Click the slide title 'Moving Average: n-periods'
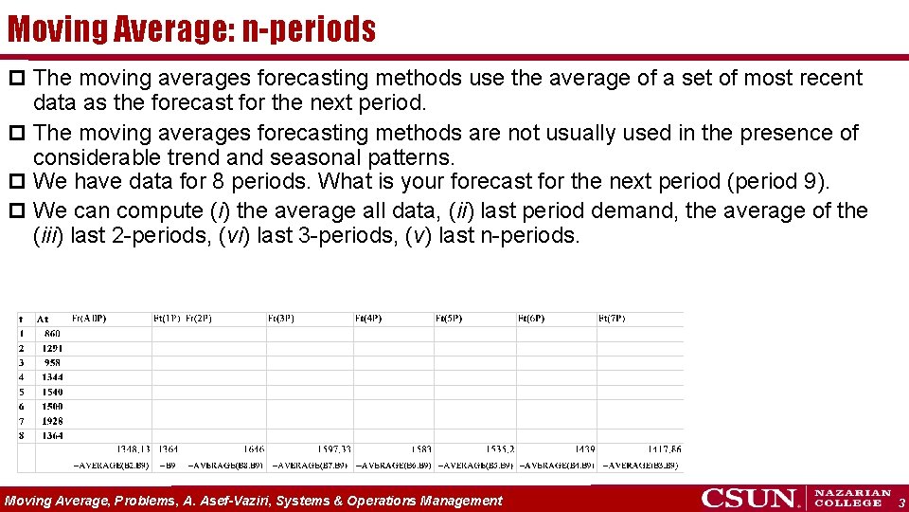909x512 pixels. (x=191, y=29)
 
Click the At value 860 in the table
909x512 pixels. (x=51, y=334)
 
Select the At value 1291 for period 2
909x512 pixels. (x=51, y=348)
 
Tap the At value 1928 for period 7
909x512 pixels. (x=51, y=420)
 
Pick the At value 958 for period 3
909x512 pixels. (x=51, y=362)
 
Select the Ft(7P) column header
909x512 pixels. (x=611, y=319)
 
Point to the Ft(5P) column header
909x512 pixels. (x=448, y=319)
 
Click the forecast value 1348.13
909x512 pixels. (x=133, y=449)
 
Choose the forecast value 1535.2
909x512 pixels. (x=499, y=449)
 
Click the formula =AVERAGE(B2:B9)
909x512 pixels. (x=111, y=465)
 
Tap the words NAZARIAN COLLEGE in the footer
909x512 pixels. (x=852, y=498)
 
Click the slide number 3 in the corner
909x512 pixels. (x=901, y=502)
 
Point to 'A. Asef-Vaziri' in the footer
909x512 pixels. (x=225, y=501)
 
